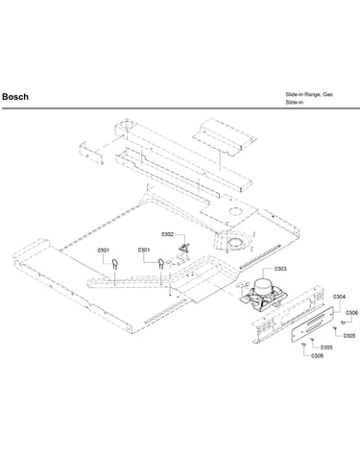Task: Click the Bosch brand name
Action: [x=15, y=97]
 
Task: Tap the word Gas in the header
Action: [x=327, y=94]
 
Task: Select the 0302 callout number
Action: [x=167, y=234]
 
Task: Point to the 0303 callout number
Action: [x=280, y=269]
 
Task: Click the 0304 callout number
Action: [x=339, y=297]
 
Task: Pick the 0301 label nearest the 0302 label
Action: [x=144, y=250]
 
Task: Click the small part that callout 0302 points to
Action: [x=184, y=248]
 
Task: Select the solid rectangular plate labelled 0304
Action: [x=312, y=324]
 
